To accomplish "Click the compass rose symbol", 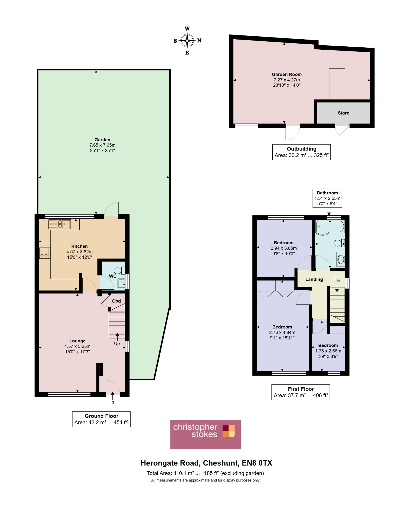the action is tap(187, 41).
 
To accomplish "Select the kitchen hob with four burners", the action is tap(45, 253).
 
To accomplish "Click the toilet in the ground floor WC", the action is tap(119, 271).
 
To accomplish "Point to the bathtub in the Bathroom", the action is tap(330, 227).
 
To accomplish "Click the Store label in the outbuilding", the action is tap(343, 113).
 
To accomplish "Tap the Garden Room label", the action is tap(287, 75).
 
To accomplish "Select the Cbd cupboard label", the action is tap(116, 301).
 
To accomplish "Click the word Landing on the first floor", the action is tap(314, 280).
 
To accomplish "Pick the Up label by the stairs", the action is tap(117, 344).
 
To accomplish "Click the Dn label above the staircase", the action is tap(337, 281).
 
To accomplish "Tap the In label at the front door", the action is tap(112, 402).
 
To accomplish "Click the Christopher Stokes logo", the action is tap(206, 434).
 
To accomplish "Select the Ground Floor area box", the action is tap(101, 419).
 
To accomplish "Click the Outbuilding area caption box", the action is tap(302, 152).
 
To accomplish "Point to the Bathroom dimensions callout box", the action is tap(327, 198).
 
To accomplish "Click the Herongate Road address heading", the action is tap(206, 463).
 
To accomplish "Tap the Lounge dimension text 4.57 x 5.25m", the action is tap(77, 346).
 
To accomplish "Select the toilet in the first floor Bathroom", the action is tap(339, 243).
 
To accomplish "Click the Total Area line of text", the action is tap(206, 473).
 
